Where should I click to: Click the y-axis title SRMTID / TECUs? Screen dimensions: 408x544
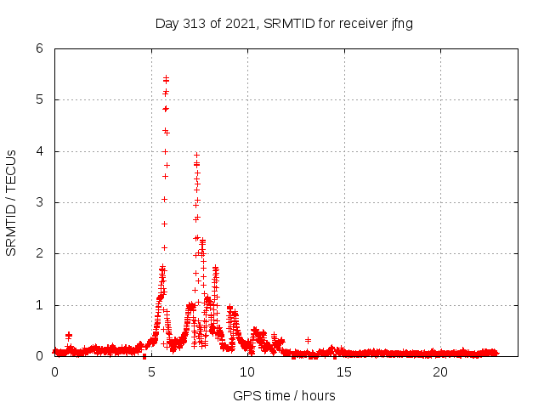11,202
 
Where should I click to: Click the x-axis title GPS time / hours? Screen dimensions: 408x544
284,396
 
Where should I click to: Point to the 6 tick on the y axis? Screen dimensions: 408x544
39,48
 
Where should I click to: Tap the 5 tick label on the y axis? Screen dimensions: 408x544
39,99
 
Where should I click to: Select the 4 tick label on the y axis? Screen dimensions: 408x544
39,151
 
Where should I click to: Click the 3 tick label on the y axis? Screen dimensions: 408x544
39,202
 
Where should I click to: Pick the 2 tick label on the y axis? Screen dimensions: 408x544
39,253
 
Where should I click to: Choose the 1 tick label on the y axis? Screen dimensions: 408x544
39,305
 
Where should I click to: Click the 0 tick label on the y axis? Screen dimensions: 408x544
39,356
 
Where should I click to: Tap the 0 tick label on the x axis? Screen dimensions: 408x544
55,372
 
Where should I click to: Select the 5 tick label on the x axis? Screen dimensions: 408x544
151,372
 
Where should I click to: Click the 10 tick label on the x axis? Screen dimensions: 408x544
247,372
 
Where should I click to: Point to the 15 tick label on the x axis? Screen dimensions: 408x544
344,372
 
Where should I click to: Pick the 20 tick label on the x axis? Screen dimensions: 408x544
440,372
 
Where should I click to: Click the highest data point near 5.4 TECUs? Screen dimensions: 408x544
166,78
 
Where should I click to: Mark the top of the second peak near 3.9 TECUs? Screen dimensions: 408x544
196,156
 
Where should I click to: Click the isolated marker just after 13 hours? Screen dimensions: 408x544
308,340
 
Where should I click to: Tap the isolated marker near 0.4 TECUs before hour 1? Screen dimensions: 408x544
69,336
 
